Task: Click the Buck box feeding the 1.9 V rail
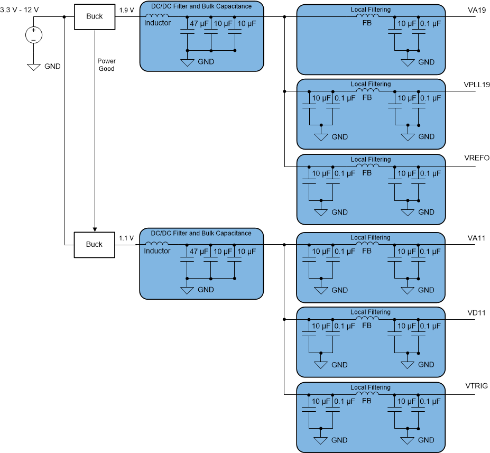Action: coord(94,16)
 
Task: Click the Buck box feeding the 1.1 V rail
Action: coord(94,245)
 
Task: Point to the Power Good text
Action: coord(106,65)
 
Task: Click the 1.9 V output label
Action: coord(126,10)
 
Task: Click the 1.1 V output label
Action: coord(126,238)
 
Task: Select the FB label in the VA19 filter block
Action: coord(367,24)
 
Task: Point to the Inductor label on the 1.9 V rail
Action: coord(158,23)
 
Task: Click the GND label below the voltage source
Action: coord(52,67)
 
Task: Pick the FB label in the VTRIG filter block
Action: coord(367,401)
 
